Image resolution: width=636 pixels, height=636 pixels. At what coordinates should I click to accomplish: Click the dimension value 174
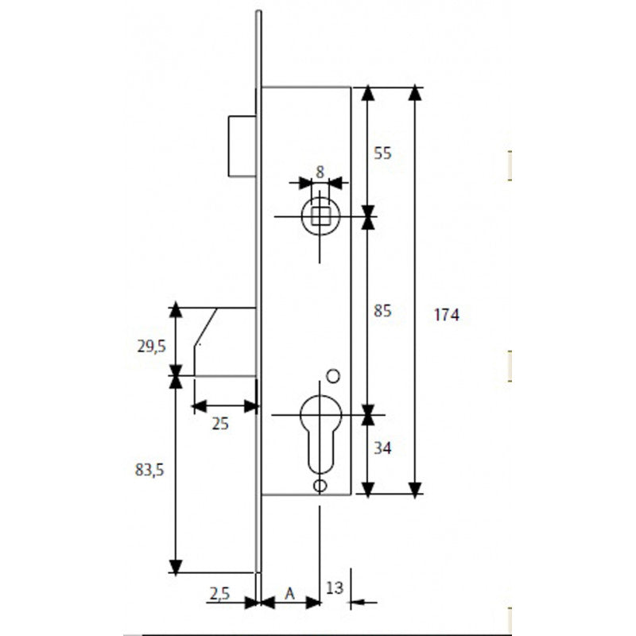(x=446, y=315)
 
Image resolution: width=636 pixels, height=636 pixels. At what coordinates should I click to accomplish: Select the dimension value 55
(x=383, y=153)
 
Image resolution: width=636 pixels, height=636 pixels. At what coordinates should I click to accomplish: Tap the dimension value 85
(x=383, y=311)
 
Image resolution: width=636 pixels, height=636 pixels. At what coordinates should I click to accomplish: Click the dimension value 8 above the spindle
(x=320, y=171)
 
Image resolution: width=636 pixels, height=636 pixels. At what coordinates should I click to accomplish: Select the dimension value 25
(x=220, y=424)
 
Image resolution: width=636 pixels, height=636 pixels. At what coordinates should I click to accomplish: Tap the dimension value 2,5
(x=220, y=593)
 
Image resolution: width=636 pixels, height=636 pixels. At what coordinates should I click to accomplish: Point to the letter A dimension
(x=290, y=593)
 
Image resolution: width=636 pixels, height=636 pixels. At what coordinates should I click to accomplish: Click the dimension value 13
(x=335, y=588)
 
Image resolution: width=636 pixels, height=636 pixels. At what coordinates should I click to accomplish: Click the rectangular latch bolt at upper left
(x=241, y=146)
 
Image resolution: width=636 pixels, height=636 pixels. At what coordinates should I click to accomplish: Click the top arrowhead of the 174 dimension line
(x=415, y=94)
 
